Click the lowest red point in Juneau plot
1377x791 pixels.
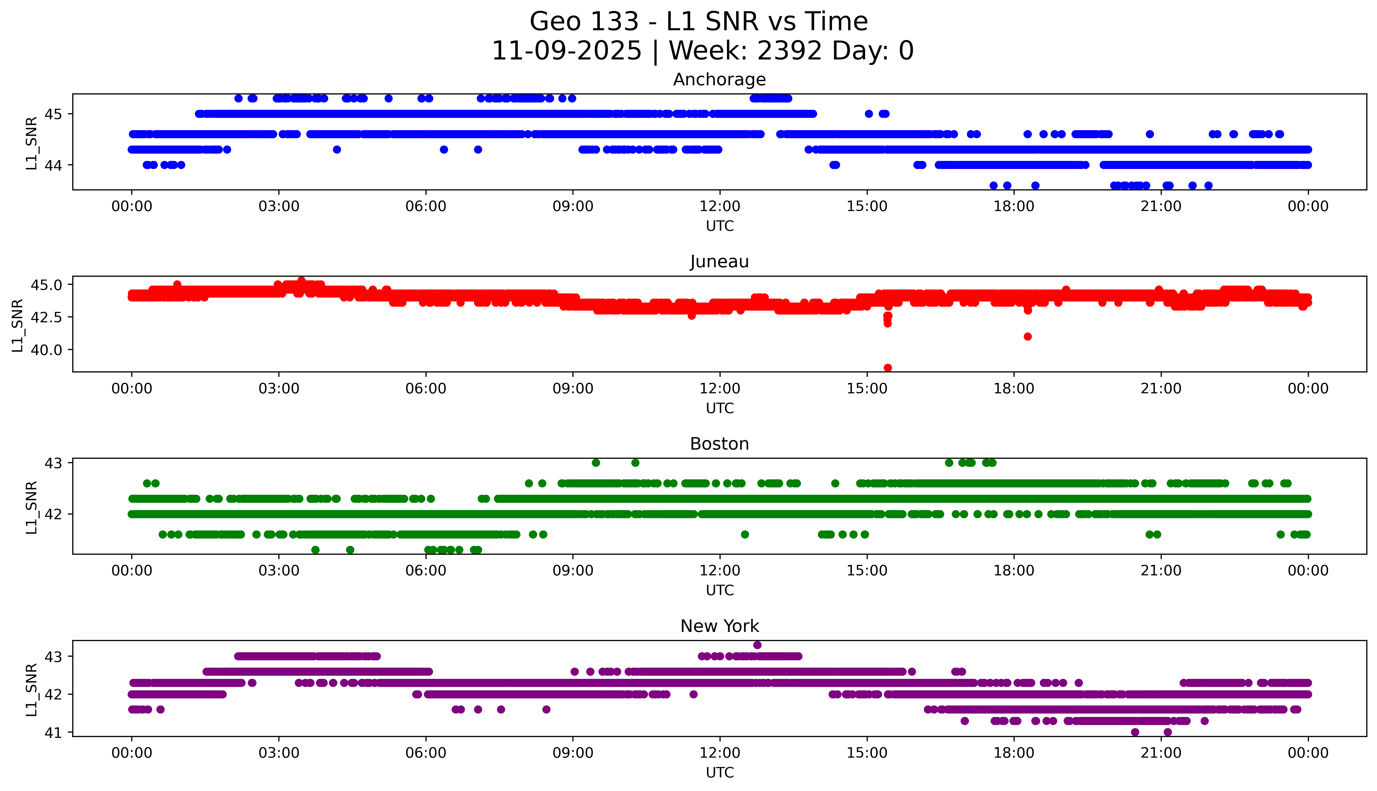coord(887,368)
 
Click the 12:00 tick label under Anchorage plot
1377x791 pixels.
coord(720,207)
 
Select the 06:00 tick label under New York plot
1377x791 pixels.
coord(426,753)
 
